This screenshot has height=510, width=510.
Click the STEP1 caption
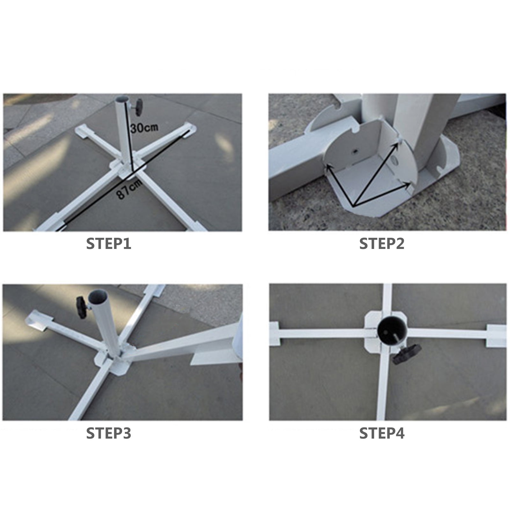click(x=109, y=244)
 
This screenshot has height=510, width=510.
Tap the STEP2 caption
click(x=382, y=244)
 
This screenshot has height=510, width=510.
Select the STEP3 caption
click(x=109, y=433)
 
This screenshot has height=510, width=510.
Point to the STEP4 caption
click(x=382, y=433)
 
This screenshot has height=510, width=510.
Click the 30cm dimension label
click(x=144, y=128)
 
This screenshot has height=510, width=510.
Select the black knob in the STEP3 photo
click(x=81, y=307)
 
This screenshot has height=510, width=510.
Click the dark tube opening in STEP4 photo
click(x=392, y=333)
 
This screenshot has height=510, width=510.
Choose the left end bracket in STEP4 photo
click(x=274, y=333)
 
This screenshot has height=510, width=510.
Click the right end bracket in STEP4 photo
click(x=496, y=336)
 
